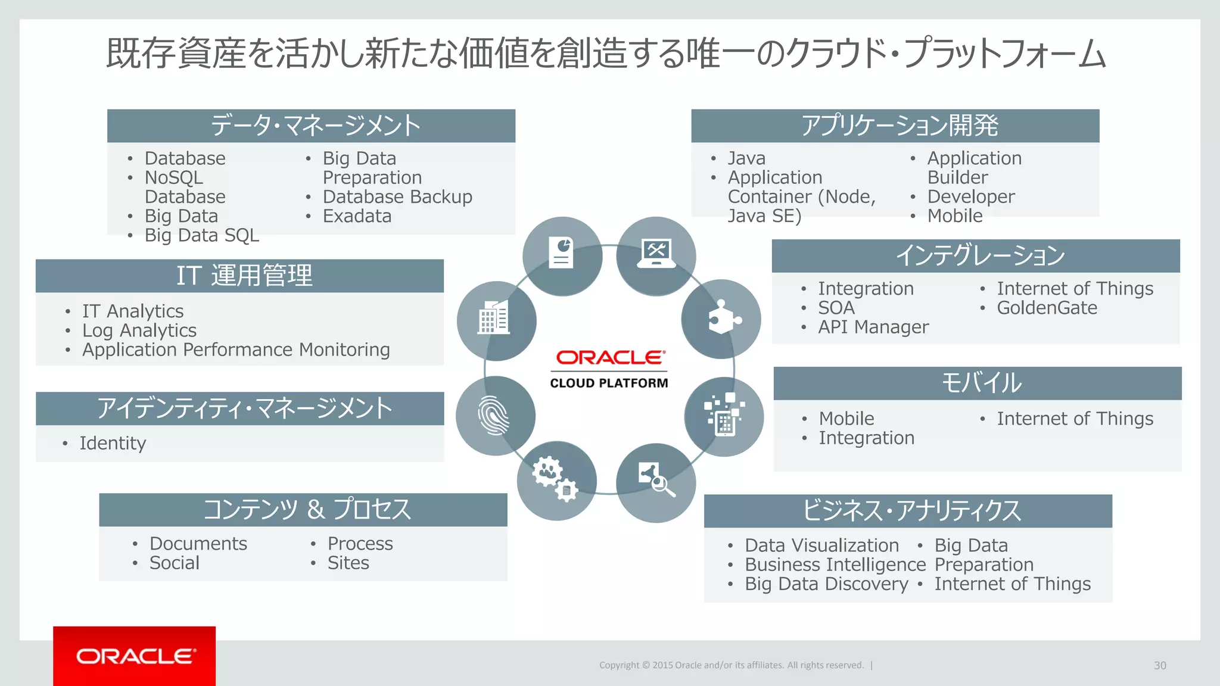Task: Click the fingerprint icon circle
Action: point(495,416)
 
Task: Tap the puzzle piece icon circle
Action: point(721,319)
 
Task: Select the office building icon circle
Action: point(496,320)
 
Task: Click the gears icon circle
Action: point(556,480)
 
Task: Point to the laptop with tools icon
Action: point(656,255)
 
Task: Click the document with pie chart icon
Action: point(562,255)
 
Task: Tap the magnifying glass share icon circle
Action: point(655,482)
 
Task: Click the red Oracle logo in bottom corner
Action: point(135,656)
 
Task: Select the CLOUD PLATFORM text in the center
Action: point(609,383)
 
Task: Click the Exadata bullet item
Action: point(357,216)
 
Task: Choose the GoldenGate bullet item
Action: point(1047,308)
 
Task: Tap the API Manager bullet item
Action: point(873,327)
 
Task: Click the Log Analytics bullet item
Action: point(139,330)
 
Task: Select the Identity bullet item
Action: point(113,443)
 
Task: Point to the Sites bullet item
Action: point(348,563)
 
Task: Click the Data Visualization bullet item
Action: point(821,545)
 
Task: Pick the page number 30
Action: point(1159,665)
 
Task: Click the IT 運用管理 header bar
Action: point(239,276)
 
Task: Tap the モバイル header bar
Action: point(977,383)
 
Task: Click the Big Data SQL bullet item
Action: point(201,235)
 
